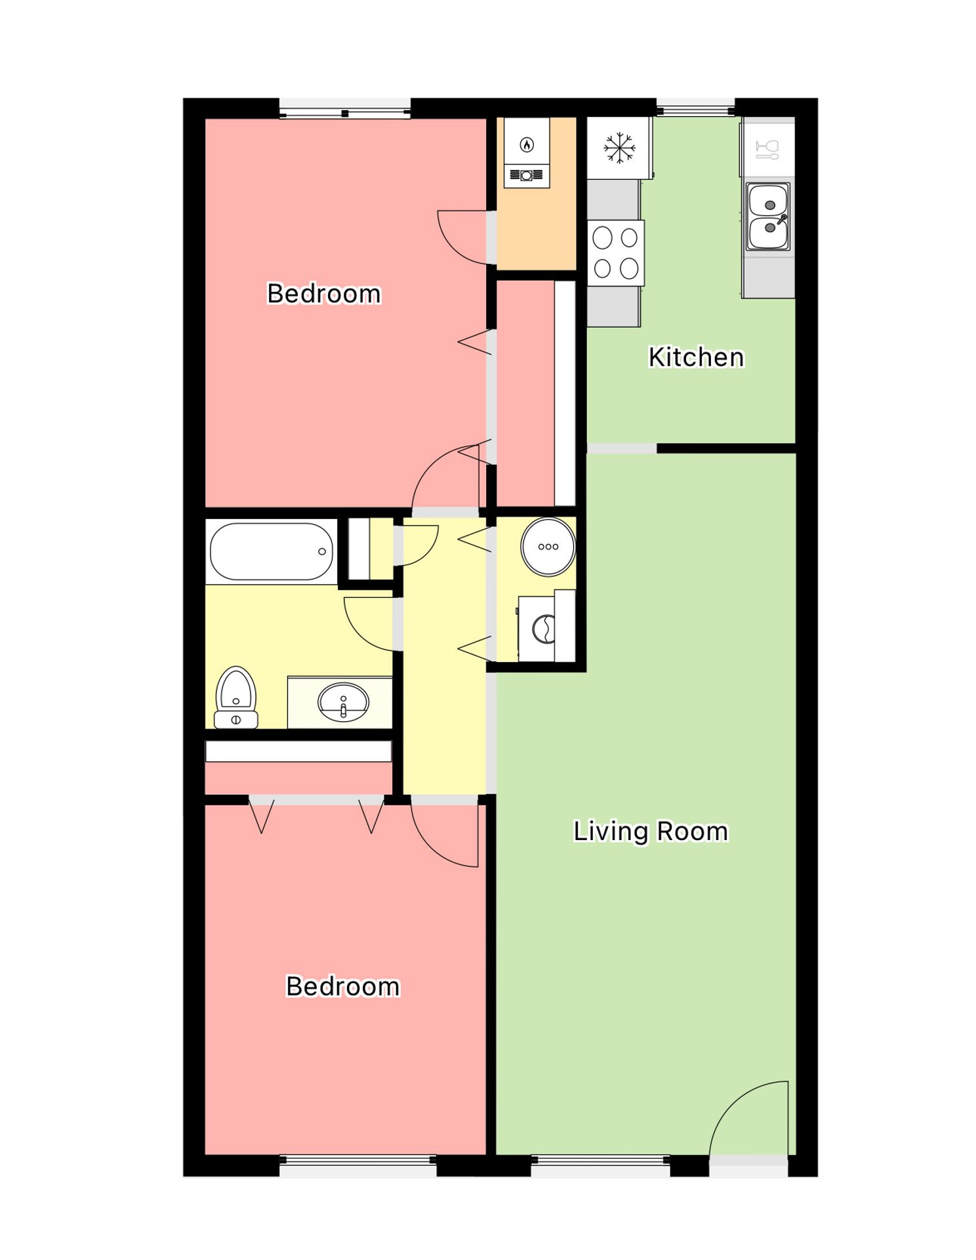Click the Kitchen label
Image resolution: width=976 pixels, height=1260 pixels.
click(696, 357)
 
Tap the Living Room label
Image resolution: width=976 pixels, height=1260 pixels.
click(651, 831)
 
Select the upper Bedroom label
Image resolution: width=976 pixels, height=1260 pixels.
click(324, 293)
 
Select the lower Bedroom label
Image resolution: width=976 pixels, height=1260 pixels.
click(343, 986)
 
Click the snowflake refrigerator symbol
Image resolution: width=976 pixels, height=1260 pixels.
click(619, 148)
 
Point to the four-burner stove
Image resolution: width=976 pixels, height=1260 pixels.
click(615, 253)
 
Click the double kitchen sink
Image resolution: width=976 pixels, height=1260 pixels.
click(768, 217)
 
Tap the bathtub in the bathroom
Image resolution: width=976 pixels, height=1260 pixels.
click(271, 551)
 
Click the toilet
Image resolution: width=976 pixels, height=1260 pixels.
click(236, 698)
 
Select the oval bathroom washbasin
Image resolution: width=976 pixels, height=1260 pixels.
click(343, 702)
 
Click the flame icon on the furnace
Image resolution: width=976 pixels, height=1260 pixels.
click(527, 144)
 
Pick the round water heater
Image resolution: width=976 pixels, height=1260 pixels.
click(548, 547)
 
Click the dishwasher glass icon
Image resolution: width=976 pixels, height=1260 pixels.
click(767, 149)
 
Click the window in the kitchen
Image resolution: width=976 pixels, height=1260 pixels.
click(695, 108)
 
